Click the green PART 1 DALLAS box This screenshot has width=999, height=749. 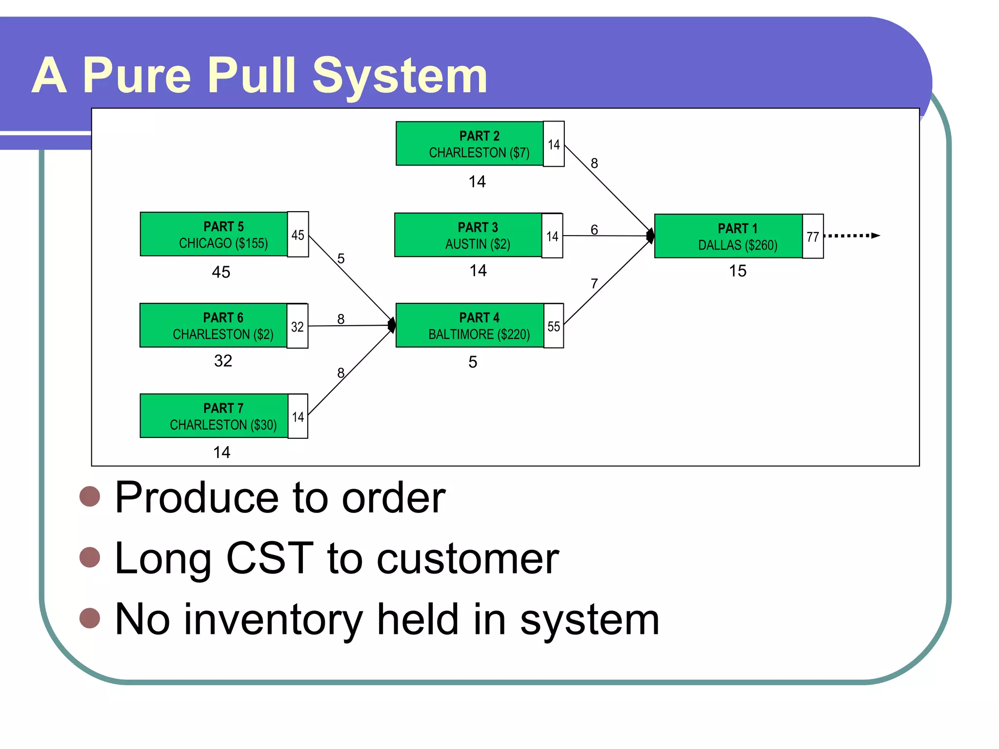[x=728, y=236]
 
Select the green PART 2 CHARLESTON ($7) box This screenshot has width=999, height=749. [x=469, y=144]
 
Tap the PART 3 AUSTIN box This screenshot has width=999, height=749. [x=468, y=235]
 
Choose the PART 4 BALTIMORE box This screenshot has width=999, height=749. [x=469, y=326]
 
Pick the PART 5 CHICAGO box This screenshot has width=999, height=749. [x=214, y=234]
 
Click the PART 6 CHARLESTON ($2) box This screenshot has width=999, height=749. [x=213, y=326]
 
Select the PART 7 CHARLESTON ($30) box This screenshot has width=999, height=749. [x=214, y=416]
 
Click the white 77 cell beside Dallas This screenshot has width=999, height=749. [x=813, y=237]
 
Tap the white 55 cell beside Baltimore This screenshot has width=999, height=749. [x=554, y=326]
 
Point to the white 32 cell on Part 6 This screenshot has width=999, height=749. [x=298, y=326]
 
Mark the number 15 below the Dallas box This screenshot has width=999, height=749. [x=738, y=271]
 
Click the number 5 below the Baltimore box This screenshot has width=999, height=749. [x=473, y=362]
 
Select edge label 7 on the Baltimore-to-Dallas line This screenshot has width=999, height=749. [x=594, y=284]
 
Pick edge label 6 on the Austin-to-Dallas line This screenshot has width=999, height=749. [x=594, y=229]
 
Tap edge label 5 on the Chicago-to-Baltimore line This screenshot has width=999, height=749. [x=341, y=258]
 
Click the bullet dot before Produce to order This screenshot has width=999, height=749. [x=90, y=496]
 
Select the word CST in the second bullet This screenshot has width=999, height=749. [x=270, y=558]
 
